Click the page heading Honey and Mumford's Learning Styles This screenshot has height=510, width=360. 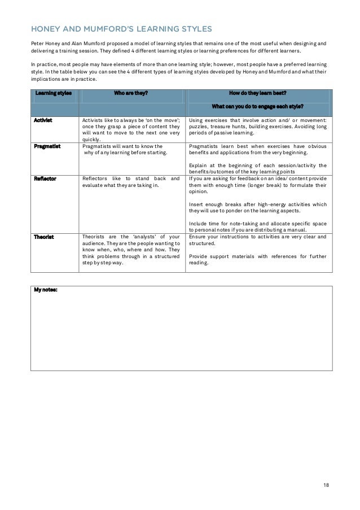pos(121,28)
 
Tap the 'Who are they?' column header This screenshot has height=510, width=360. pos(131,93)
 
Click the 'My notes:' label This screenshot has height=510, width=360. pos(45,290)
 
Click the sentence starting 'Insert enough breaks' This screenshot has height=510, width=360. pos(257,207)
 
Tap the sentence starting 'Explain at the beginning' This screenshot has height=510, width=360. pos(257,168)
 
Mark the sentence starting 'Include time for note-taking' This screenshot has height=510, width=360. pos(257,227)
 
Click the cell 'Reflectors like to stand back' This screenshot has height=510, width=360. pos(131,181)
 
